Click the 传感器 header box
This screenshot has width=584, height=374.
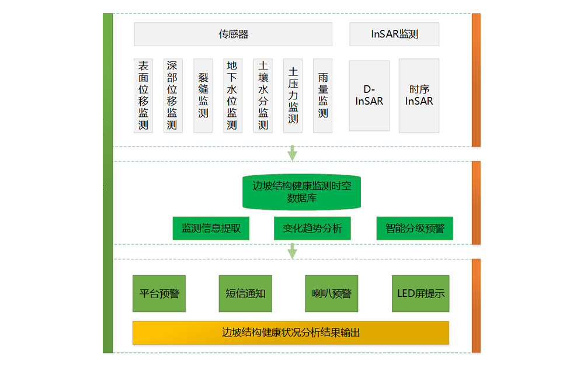233,34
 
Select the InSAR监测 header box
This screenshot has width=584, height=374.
394,34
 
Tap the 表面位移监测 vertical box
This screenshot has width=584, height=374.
143,95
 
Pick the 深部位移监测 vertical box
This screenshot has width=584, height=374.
172,95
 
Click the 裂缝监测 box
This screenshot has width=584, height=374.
203,95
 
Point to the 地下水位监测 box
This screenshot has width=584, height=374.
232,95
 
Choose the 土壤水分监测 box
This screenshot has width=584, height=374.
263,95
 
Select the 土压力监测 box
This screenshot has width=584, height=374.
293,95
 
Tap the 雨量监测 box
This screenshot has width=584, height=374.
323,95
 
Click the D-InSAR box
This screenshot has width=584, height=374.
369,95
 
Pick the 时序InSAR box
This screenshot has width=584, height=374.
419,95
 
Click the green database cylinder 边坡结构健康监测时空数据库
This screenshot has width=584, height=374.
301,192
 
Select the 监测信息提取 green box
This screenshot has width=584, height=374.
211,228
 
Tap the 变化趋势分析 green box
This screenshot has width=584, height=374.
312,228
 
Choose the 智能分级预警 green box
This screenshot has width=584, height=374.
415,228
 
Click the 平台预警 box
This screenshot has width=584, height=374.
159,293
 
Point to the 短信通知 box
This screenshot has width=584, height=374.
245,293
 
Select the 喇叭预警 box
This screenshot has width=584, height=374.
331,293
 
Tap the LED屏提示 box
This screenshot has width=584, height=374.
420,293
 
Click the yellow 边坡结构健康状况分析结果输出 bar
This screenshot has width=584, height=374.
291,333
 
